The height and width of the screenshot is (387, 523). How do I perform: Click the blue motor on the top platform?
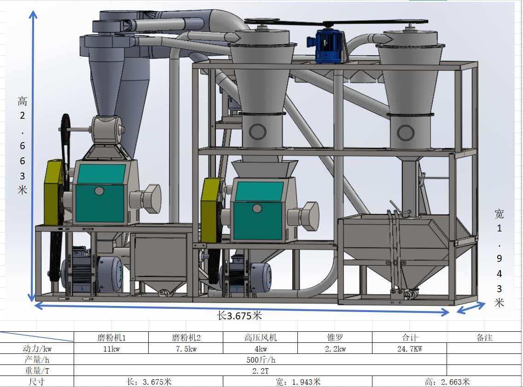pos(325,46)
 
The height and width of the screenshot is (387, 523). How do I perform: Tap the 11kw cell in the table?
pos(111,349)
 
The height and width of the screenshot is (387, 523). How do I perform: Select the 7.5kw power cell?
pos(186,349)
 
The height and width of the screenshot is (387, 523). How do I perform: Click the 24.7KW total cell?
pos(410,349)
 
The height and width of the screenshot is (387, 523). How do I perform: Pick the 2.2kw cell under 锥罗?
pos(335,349)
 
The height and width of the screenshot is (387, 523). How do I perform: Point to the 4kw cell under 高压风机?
pos(261,349)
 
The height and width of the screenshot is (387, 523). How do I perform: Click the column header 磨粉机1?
pos(111,338)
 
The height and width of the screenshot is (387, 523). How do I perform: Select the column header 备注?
pos(484,338)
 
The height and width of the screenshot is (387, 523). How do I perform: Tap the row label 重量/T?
pos(37,371)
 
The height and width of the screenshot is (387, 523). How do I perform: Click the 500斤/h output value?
pos(261,360)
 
